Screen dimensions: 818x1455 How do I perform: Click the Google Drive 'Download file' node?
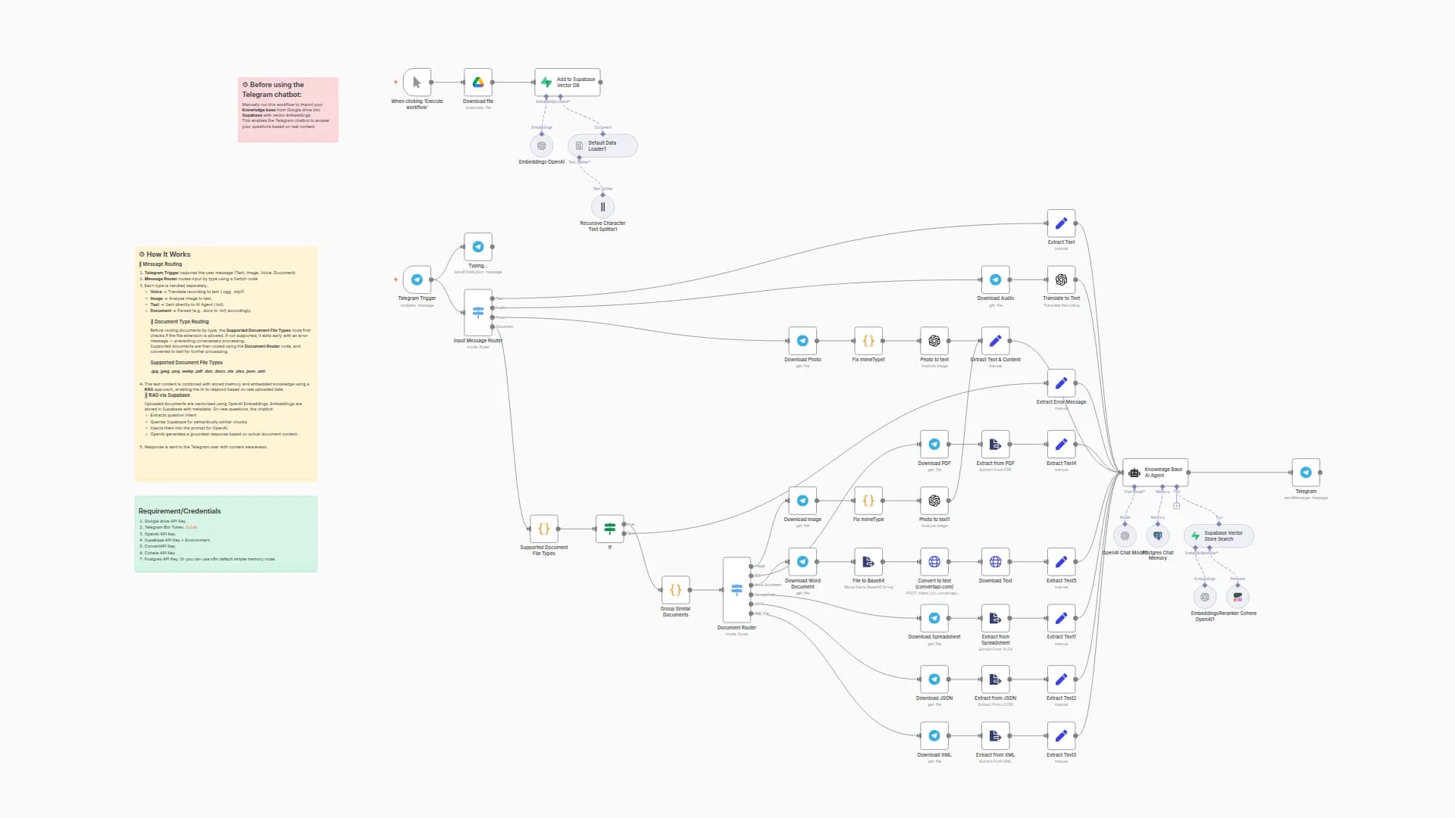(477, 82)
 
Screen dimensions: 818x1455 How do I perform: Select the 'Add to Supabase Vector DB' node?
(567, 82)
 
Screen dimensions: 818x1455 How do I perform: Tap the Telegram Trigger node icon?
(417, 279)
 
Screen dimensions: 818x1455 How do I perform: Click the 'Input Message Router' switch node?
(477, 312)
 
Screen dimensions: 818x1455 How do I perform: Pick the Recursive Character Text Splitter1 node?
(602, 207)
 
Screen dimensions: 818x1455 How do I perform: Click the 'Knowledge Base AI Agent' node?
(1155, 472)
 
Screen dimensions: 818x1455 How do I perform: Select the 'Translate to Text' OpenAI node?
(1061, 279)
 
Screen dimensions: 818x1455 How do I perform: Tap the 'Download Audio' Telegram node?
(995, 279)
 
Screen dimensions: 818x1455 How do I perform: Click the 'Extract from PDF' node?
(995, 445)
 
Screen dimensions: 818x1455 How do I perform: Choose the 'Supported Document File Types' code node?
(543, 529)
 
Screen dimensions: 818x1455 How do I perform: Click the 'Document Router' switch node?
(737, 589)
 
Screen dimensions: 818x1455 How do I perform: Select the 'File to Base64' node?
(868, 562)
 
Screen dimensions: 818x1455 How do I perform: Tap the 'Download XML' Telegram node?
(934, 735)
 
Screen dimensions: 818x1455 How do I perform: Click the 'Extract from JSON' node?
(995, 679)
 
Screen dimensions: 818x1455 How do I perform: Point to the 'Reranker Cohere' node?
(1238, 597)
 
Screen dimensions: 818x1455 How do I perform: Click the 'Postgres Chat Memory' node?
(1157, 535)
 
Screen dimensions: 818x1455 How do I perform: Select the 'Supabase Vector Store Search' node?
(1219, 535)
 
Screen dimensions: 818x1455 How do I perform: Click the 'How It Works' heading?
(168, 254)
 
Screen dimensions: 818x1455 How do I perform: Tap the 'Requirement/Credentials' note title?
(180, 511)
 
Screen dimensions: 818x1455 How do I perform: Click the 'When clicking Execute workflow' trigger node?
(417, 82)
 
